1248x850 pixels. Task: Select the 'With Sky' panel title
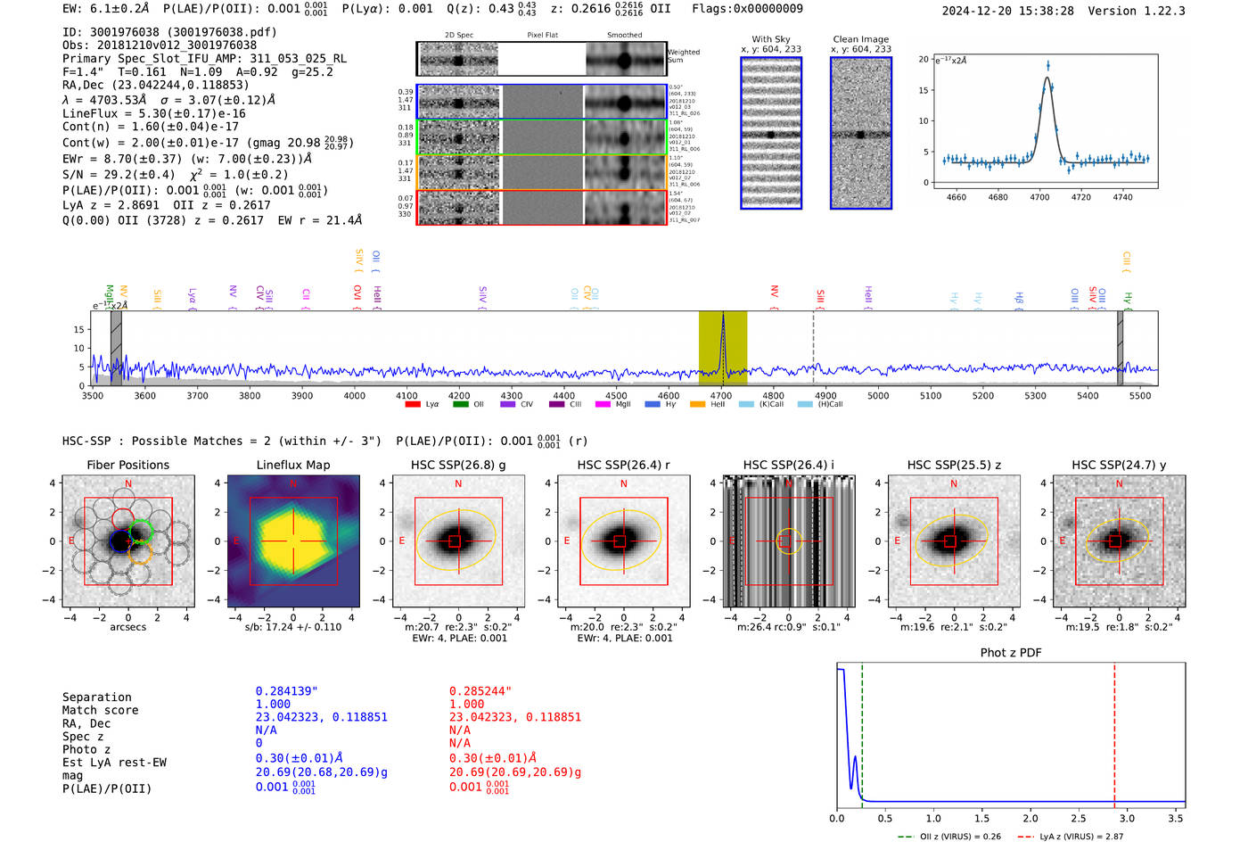(x=770, y=39)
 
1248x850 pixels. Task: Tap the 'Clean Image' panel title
(x=860, y=39)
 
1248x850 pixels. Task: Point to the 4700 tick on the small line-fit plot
(x=1039, y=197)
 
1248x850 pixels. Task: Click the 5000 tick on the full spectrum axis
(x=878, y=395)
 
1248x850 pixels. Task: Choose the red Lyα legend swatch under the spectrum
(x=413, y=405)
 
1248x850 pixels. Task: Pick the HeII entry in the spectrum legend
(x=709, y=405)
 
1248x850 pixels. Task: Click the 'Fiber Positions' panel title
(x=127, y=465)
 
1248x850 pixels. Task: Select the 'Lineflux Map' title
(x=293, y=465)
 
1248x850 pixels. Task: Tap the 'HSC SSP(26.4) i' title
(x=788, y=465)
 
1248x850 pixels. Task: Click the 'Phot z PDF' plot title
(x=1011, y=653)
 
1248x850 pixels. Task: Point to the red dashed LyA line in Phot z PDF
(x=1114, y=731)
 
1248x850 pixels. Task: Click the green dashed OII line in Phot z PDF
(x=862, y=731)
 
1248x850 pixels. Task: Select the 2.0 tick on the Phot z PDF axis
(x=1030, y=818)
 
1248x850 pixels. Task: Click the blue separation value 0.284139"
(x=286, y=691)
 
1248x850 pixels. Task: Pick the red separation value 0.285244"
(x=480, y=691)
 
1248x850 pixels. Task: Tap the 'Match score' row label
(x=100, y=711)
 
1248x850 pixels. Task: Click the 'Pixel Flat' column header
(x=542, y=36)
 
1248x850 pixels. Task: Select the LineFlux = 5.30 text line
(x=153, y=113)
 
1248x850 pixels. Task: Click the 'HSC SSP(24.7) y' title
(x=1119, y=465)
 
